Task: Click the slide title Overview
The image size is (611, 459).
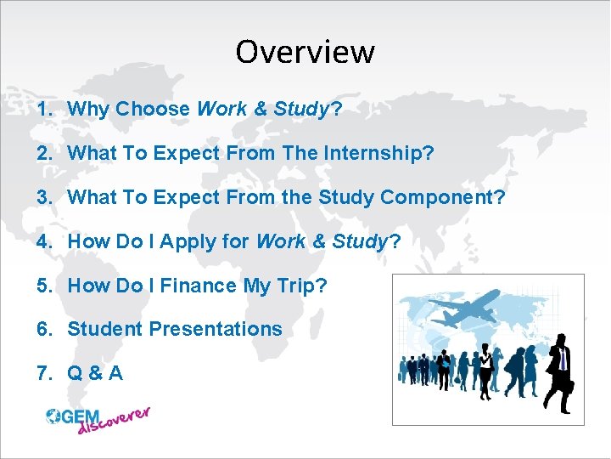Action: [305, 52]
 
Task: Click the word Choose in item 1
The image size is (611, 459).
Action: [153, 109]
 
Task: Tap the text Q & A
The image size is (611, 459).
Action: [95, 372]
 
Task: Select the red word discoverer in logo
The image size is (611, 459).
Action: [114, 421]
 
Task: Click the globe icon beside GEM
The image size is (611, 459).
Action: [53, 416]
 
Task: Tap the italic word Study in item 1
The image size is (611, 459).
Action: [300, 109]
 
